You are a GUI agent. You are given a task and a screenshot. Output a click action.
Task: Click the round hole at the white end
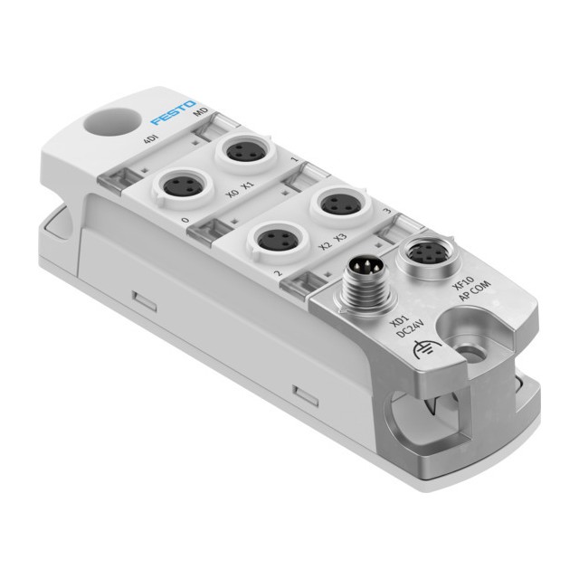(x=112, y=121)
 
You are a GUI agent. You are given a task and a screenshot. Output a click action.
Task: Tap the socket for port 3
(x=340, y=204)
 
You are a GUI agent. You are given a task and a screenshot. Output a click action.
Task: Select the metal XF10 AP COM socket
(x=423, y=255)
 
